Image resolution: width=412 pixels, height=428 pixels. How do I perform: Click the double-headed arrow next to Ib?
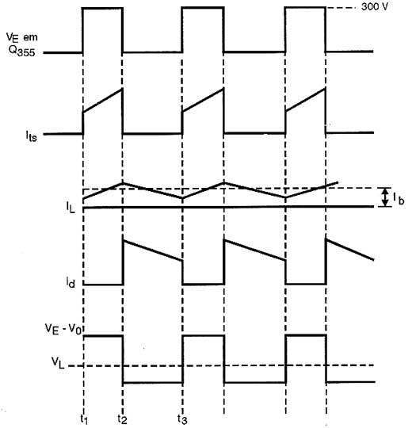pyautogui.click(x=384, y=197)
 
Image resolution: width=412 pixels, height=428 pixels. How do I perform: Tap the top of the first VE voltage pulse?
pyautogui.click(x=103, y=9)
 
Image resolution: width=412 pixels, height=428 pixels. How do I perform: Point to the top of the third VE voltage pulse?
pyautogui.click(x=305, y=8)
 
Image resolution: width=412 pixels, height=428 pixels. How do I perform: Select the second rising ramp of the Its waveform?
pyautogui.click(x=204, y=101)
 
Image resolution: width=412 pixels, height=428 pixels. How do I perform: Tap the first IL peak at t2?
pyautogui.click(x=123, y=183)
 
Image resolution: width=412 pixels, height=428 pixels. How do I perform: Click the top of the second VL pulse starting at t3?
pyautogui.click(x=204, y=336)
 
